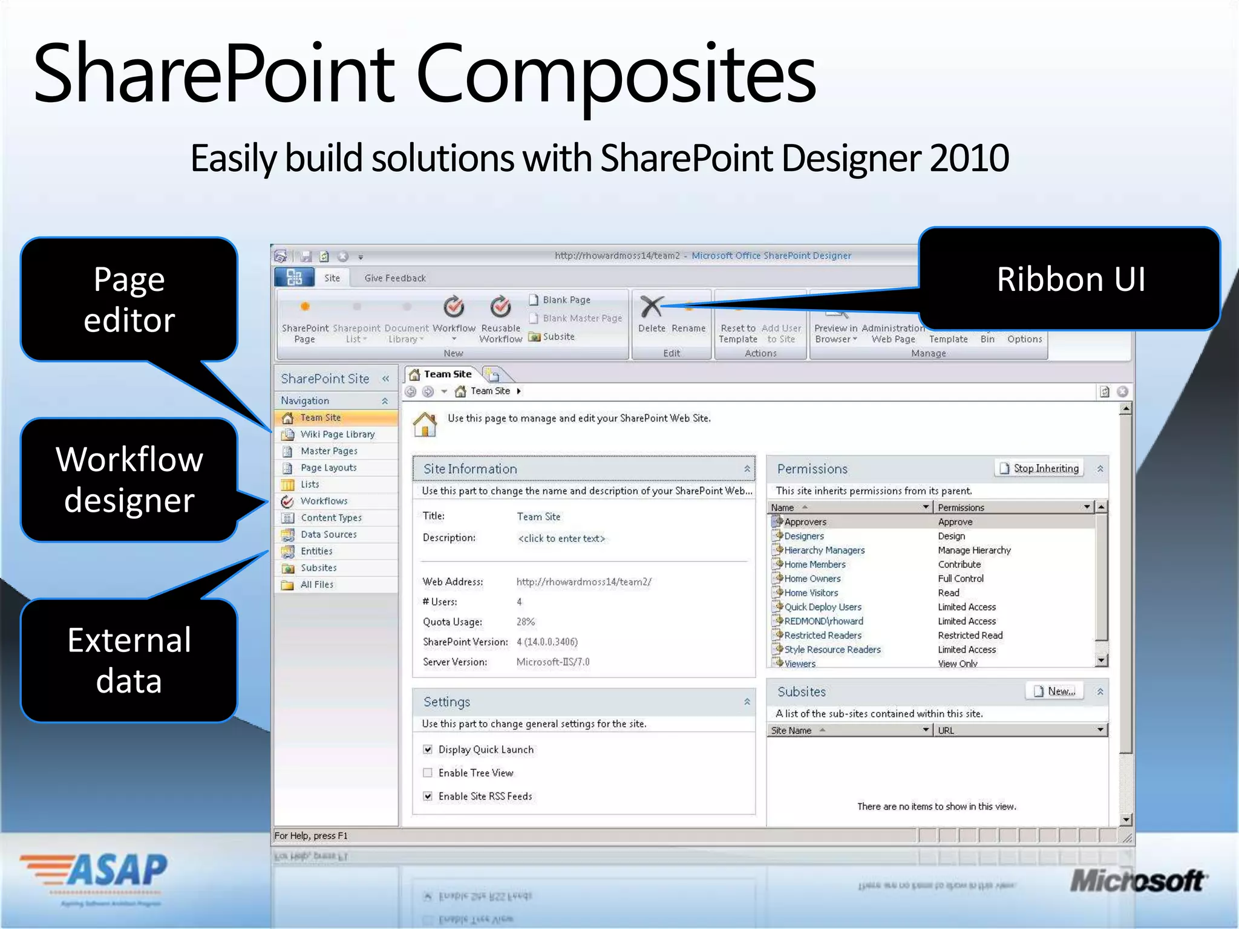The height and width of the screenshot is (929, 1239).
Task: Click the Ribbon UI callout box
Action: coord(1070,279)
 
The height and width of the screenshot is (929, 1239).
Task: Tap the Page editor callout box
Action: coord(129,299)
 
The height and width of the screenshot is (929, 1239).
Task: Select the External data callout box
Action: coord(129,660)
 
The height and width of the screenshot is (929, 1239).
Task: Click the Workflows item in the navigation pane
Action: coord(324,501)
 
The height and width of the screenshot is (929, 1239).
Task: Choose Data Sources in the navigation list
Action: coord(329,535)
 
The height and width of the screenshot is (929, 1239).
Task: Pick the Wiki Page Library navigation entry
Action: coord(337,434)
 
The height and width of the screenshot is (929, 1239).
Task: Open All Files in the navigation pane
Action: coord(316,585)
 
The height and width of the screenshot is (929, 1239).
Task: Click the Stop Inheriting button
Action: coord(1039,468)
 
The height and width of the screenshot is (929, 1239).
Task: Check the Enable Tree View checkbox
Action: coord(428,773)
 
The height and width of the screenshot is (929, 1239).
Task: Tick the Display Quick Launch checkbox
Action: coord(428,750)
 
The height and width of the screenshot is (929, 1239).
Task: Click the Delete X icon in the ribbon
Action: coord(652,307)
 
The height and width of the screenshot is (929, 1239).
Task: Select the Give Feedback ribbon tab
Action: coord(395,278)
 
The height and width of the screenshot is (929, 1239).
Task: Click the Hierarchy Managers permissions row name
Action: coord(824,550)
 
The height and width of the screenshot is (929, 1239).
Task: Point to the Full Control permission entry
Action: coord(961,579)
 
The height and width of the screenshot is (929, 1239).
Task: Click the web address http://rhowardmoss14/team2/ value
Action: coord(583,582)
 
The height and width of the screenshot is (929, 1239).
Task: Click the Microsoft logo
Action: coord(1137,881)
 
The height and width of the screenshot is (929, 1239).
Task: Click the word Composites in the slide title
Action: coord(615,76)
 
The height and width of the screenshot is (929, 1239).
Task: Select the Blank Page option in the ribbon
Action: coord(566,300)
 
